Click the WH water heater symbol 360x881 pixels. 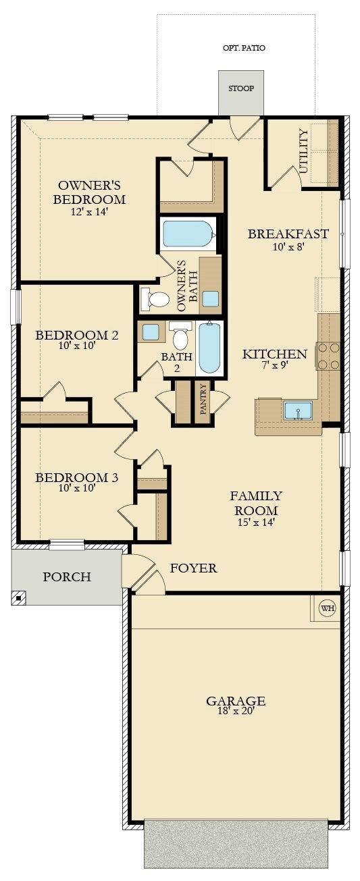tap(328, 608)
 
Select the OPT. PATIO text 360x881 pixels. tap(244, 48)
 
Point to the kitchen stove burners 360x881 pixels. tap(328, 356)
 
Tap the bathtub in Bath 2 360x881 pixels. tap(209, 348)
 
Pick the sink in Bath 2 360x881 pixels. tap(151, 331)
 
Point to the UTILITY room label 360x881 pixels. tap(303, 151)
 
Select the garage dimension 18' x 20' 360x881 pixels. tap(236, 711)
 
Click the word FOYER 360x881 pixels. tap(194, 568)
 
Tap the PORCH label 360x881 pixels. tap(67, 577)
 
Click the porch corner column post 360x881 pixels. tap(19, 597)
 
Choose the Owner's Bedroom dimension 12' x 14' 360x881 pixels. tap(89, 211)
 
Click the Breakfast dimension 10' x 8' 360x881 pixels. tap(288, 246)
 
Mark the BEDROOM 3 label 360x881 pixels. tap(76, 477)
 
